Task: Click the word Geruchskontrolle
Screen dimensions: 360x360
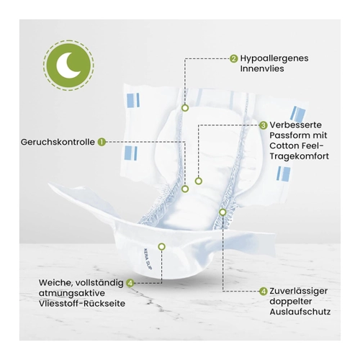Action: pos(58,142)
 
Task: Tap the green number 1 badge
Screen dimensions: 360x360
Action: pos(102,142)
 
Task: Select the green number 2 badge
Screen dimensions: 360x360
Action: pos(233,58)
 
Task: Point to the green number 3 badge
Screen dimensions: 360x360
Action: pos(264,125)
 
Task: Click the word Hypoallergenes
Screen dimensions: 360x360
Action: pos(274,58)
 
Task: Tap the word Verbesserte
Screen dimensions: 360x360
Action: pos(295,125)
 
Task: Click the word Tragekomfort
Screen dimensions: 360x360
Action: pos(299,156)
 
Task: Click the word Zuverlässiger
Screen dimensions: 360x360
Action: pos(298,291)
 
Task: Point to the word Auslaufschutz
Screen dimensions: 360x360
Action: pos(300,312)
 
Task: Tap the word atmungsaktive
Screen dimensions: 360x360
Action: pos(72,293)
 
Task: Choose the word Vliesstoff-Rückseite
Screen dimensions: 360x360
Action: pos(82,303)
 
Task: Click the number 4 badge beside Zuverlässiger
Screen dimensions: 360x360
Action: pos(264,292)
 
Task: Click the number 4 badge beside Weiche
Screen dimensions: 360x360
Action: pos(130,283)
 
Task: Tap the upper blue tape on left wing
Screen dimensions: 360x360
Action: pos(132,100)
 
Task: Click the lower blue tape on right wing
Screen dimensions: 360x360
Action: pos(283,174)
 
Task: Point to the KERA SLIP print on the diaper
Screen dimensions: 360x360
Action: pos(148,259)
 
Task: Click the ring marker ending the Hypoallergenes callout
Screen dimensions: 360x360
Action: pos(185,108)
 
